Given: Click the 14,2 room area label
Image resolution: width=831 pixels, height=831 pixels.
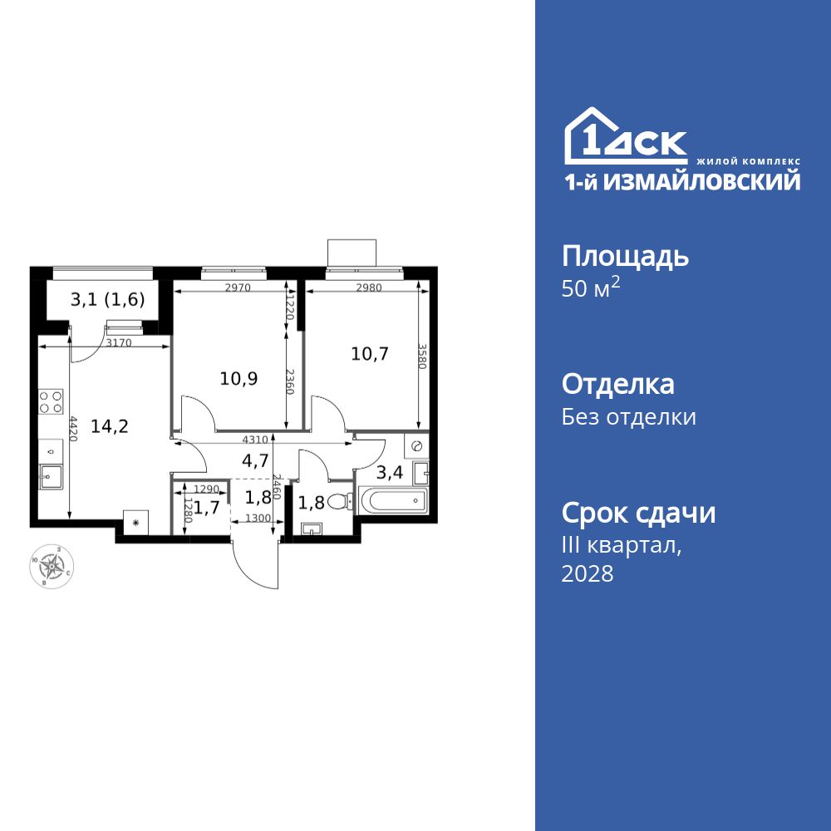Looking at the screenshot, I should [110, 426].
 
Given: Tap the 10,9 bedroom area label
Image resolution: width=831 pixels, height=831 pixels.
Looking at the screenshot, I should [238, 379].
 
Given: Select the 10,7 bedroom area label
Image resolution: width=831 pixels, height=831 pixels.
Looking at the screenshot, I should [370, 353].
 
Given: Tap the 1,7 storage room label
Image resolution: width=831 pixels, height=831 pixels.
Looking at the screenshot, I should [204, 506].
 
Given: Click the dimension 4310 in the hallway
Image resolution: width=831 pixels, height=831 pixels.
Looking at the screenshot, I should [255, 440].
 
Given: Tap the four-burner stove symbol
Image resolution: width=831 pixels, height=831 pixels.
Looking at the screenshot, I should [52, 402].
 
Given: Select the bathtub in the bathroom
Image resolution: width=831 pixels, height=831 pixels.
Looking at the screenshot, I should [391, 501].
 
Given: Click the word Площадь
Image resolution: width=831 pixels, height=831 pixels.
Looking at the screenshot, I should [625, 256].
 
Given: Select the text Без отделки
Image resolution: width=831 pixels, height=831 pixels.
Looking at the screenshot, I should [629, 416].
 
